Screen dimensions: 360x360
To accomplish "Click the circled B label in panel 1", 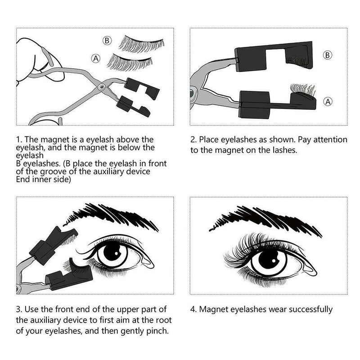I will [107, 41].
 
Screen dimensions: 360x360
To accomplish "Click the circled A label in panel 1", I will [95, 58].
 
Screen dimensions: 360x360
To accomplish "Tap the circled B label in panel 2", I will [328, 55].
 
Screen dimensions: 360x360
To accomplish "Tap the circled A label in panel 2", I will [328, 101].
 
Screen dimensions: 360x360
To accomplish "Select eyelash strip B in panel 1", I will [140, 44].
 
